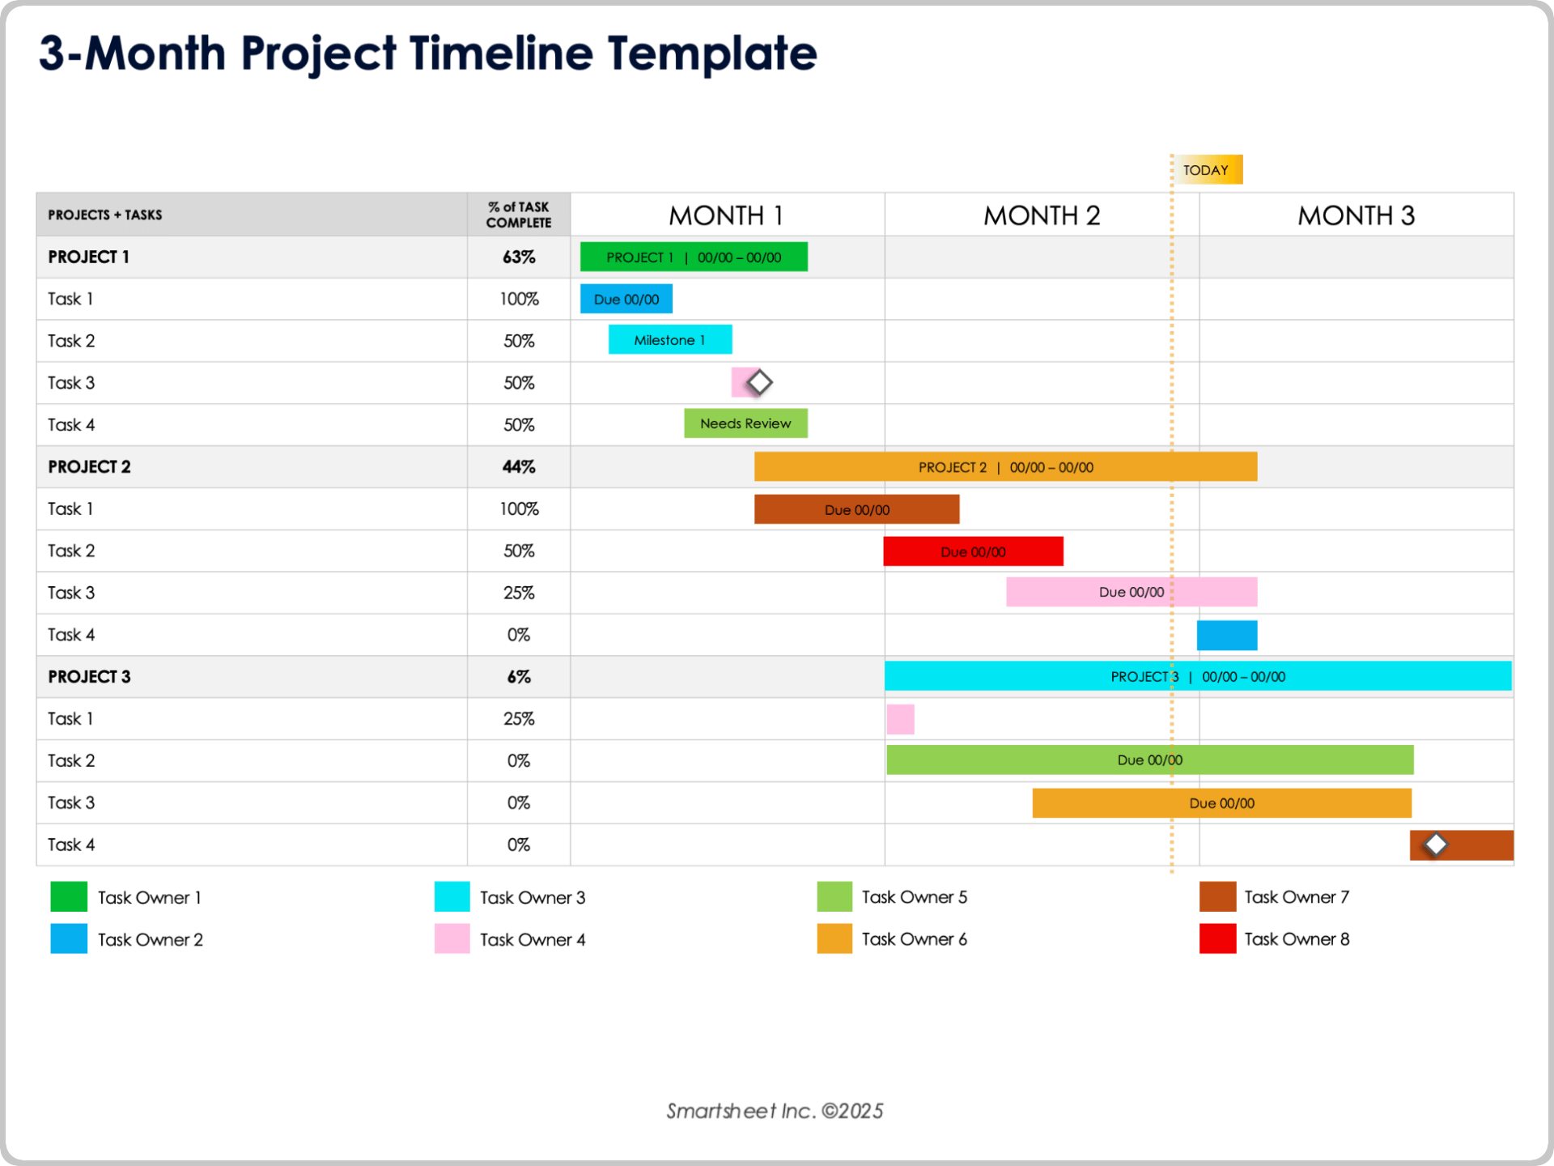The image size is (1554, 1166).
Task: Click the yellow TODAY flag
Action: tap(1207, 170)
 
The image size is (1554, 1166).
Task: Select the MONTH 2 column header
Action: tap(1042, 215)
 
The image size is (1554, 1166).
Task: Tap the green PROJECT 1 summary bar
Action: tap(694, 257)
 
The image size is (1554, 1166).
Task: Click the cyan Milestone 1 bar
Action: tap(670, 340)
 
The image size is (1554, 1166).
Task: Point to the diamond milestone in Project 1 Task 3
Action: tap(759, 382)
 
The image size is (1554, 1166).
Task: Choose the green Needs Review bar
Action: tap(745, 423)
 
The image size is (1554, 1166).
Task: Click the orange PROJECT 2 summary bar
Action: tap(1005, 467)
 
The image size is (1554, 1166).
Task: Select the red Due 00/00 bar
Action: tap(973, 551)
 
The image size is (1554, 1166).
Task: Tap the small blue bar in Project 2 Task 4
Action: tap(1227, 636)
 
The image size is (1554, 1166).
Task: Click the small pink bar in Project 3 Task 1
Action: tap(900, 719)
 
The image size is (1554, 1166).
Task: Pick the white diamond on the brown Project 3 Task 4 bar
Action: tap(1436, 845)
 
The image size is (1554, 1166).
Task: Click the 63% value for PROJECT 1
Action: tap(519, 257)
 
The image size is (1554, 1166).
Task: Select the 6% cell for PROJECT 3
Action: tap(519, 677)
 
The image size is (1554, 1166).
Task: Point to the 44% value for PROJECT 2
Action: tap(519, 467)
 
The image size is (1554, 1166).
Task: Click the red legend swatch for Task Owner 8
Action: tap(1217, 939)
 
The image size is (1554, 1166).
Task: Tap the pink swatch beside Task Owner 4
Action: tap(452, 939)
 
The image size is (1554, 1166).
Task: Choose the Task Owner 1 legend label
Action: tap(150, 897)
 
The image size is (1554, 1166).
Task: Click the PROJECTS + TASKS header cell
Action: tap(105, 215)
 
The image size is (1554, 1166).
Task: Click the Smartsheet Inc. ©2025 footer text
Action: tap(775, 1111)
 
